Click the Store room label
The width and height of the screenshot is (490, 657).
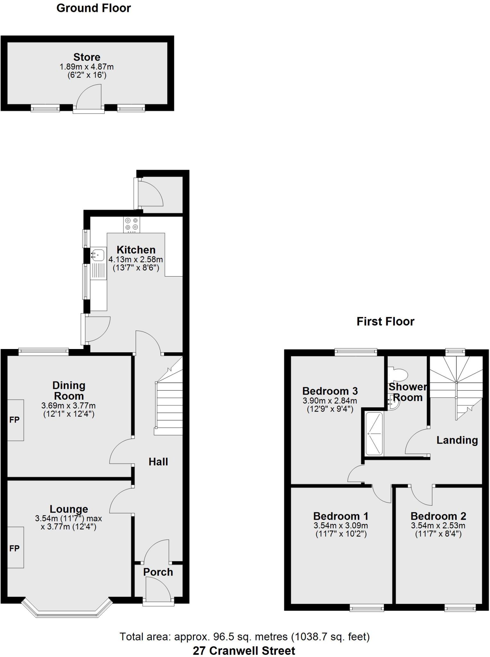point(87,57)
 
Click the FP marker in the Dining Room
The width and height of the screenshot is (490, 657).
point(14,420)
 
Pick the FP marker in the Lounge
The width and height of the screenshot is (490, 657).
point(14,548)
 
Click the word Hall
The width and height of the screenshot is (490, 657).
point(158,462)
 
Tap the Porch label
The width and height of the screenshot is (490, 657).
point(158,572)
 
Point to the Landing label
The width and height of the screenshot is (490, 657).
point(457,440)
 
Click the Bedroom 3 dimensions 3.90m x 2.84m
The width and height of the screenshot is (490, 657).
point(330,401)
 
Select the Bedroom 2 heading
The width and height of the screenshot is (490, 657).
point(438,516)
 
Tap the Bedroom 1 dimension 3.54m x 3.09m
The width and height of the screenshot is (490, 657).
point(341,525)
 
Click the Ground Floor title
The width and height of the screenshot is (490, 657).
point(94,8)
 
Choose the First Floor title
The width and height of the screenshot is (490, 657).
point(386,321)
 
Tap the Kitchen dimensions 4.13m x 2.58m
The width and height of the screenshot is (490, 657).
point(136,259)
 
